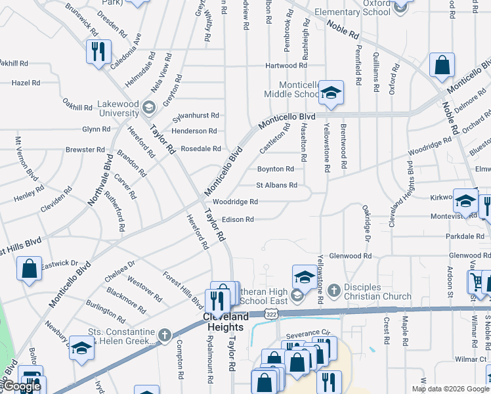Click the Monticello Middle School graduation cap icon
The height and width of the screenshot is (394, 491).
tap(331, 93)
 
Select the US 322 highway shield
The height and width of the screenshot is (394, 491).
tap(270, 315)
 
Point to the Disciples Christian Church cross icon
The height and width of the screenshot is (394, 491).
tap(333, 290)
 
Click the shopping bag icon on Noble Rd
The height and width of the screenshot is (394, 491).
tap(442, 65)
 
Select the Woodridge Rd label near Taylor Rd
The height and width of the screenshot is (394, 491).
tap(235, 202)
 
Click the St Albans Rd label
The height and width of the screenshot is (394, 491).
tap(276, 186)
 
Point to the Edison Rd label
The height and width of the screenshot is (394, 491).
tap(238, 219)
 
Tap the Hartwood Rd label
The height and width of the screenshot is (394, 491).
tap(286, 66)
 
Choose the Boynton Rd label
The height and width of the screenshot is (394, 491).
tap(276, 169)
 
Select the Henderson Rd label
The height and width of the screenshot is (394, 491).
tap(194, 131)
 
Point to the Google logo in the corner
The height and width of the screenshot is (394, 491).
tap(21, 386)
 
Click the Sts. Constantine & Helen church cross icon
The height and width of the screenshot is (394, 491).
tap(164, 336)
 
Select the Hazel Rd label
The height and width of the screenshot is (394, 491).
tap(26, 83)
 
